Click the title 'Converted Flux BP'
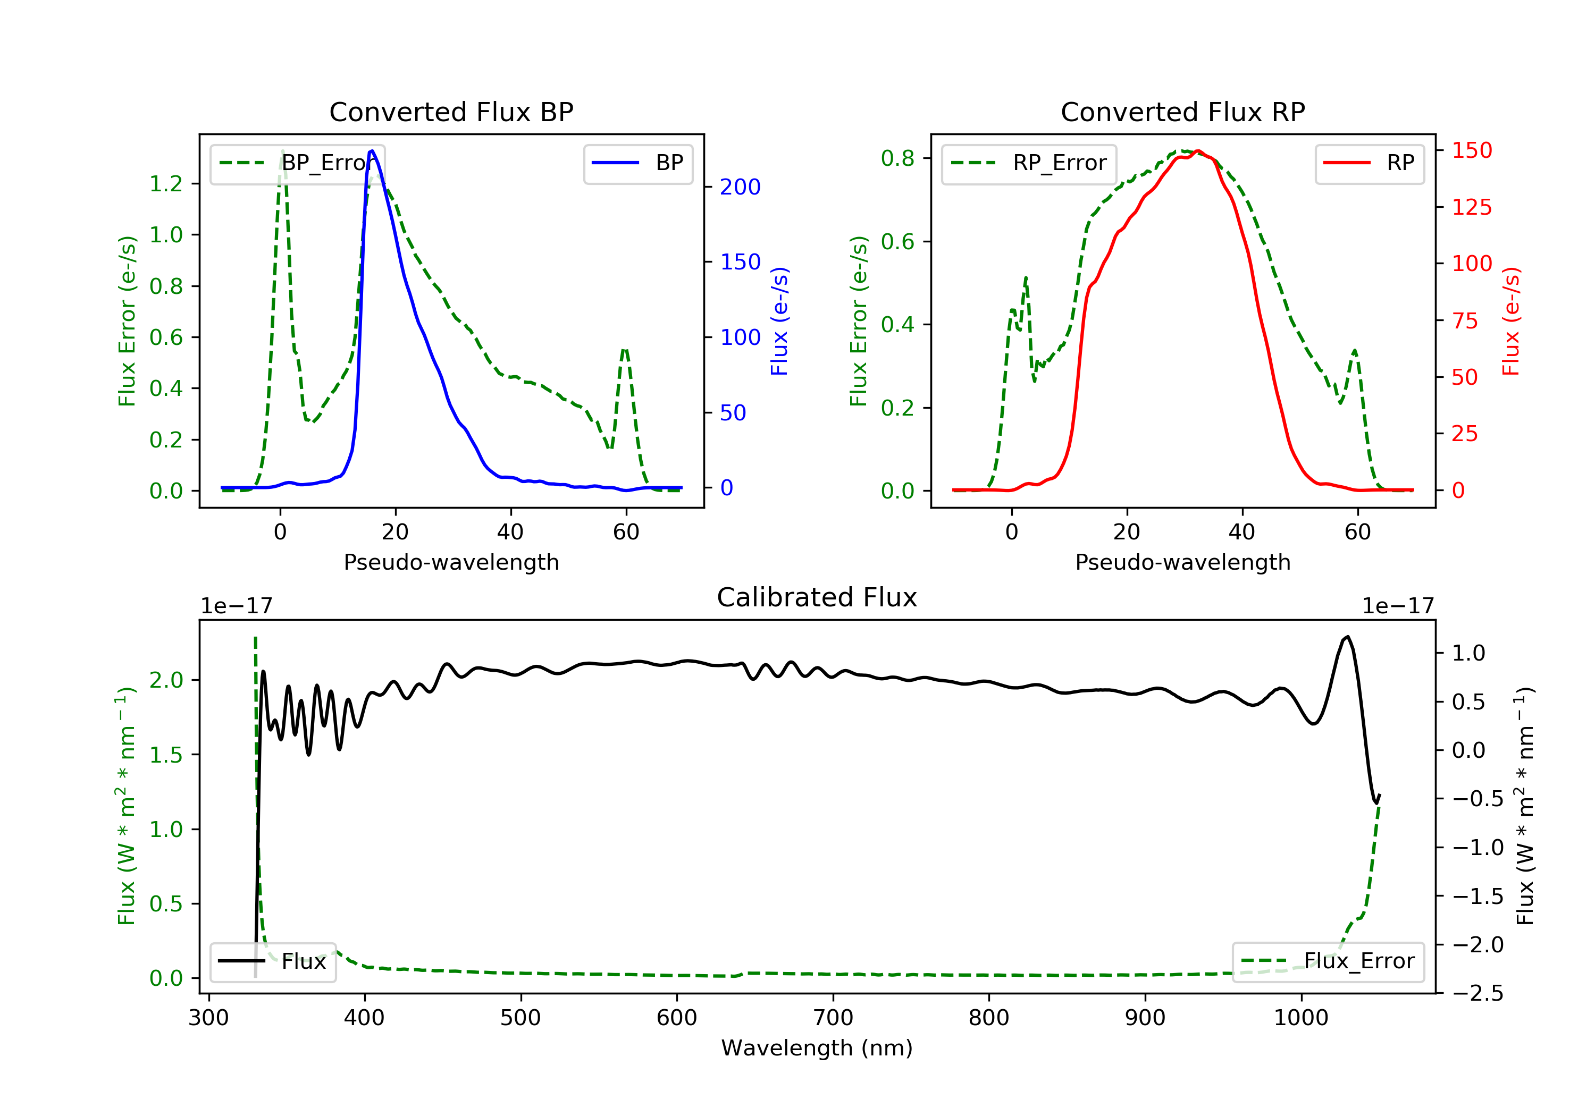tap(451, 112)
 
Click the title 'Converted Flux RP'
tap(1182, 112)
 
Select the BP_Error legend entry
tap(297, 163)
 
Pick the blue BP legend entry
tap(637, 163)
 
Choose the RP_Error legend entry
tap(1029, 163)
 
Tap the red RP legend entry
tap(1369, 163)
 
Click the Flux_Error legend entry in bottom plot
tap(1328, 961)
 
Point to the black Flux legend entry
tap(273, 961)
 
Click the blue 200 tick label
tap(740, 187)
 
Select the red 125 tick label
tap(1471, 207)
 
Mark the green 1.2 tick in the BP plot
tap(166, 183)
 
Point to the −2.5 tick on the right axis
tap(1477, 993)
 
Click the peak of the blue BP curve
tap(372, 151)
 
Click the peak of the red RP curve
tap(1198, 151)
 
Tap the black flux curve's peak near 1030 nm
tap(1347, 637)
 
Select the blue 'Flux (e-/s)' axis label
tap(779, 321)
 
